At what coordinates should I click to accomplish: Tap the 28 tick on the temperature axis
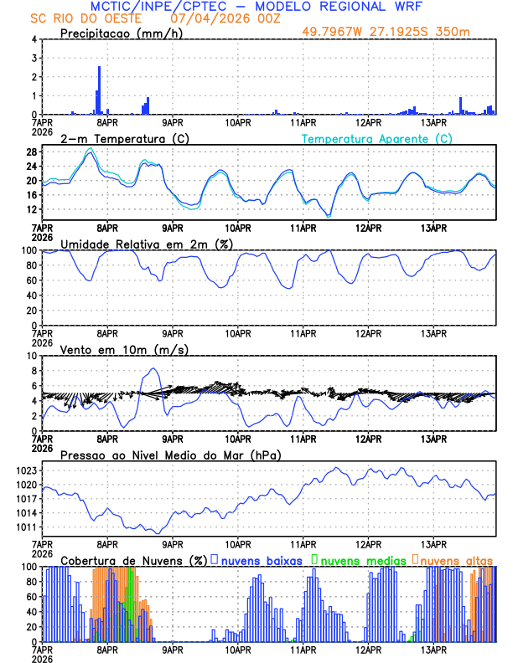click(31, 152)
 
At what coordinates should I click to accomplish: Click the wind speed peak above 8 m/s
click(153, 369)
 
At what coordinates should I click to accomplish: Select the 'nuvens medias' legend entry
click(359, 560)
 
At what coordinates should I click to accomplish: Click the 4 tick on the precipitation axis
click(34, 39)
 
